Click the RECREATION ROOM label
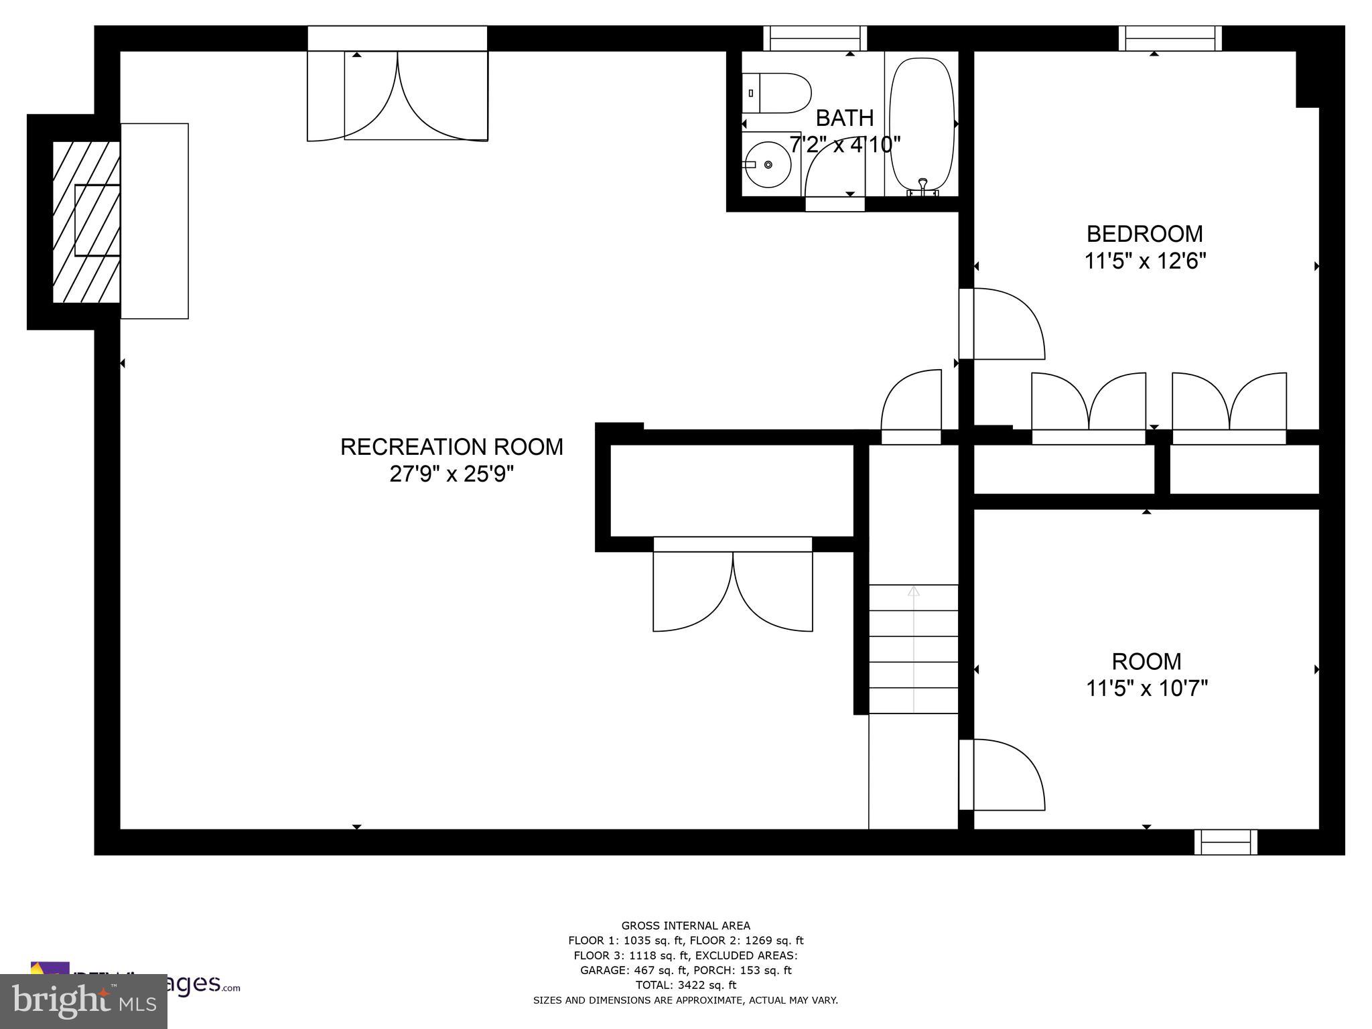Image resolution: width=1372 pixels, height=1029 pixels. click(x=452, y=447)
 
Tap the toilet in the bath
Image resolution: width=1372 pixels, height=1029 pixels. click(x=777, y=93)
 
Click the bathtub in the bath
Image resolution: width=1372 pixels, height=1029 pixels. click(x=922, y=125)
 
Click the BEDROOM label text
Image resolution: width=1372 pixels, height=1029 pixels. click(x=1144, y=234)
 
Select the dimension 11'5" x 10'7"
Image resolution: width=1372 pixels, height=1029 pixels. click(x=1146, y=688)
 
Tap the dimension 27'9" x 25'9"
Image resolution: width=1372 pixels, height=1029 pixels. click(x=452, y=474)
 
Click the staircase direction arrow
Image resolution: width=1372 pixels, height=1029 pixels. click(x=913, y=591)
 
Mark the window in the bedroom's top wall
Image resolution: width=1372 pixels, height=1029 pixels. click(x=1170, y=38)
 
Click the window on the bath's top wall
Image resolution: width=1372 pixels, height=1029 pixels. click(x=815, y=38)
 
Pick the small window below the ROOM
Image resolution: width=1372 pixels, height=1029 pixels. click(x=1225, y=842)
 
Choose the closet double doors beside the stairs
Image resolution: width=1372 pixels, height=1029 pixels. click(x=733, y=590)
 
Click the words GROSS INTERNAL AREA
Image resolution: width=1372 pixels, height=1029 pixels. click(x=685, y=926)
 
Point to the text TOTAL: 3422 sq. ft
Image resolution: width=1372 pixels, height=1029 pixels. click(x=685, y=985)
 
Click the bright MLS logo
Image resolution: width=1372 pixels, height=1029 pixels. click(x=84, y=1002)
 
